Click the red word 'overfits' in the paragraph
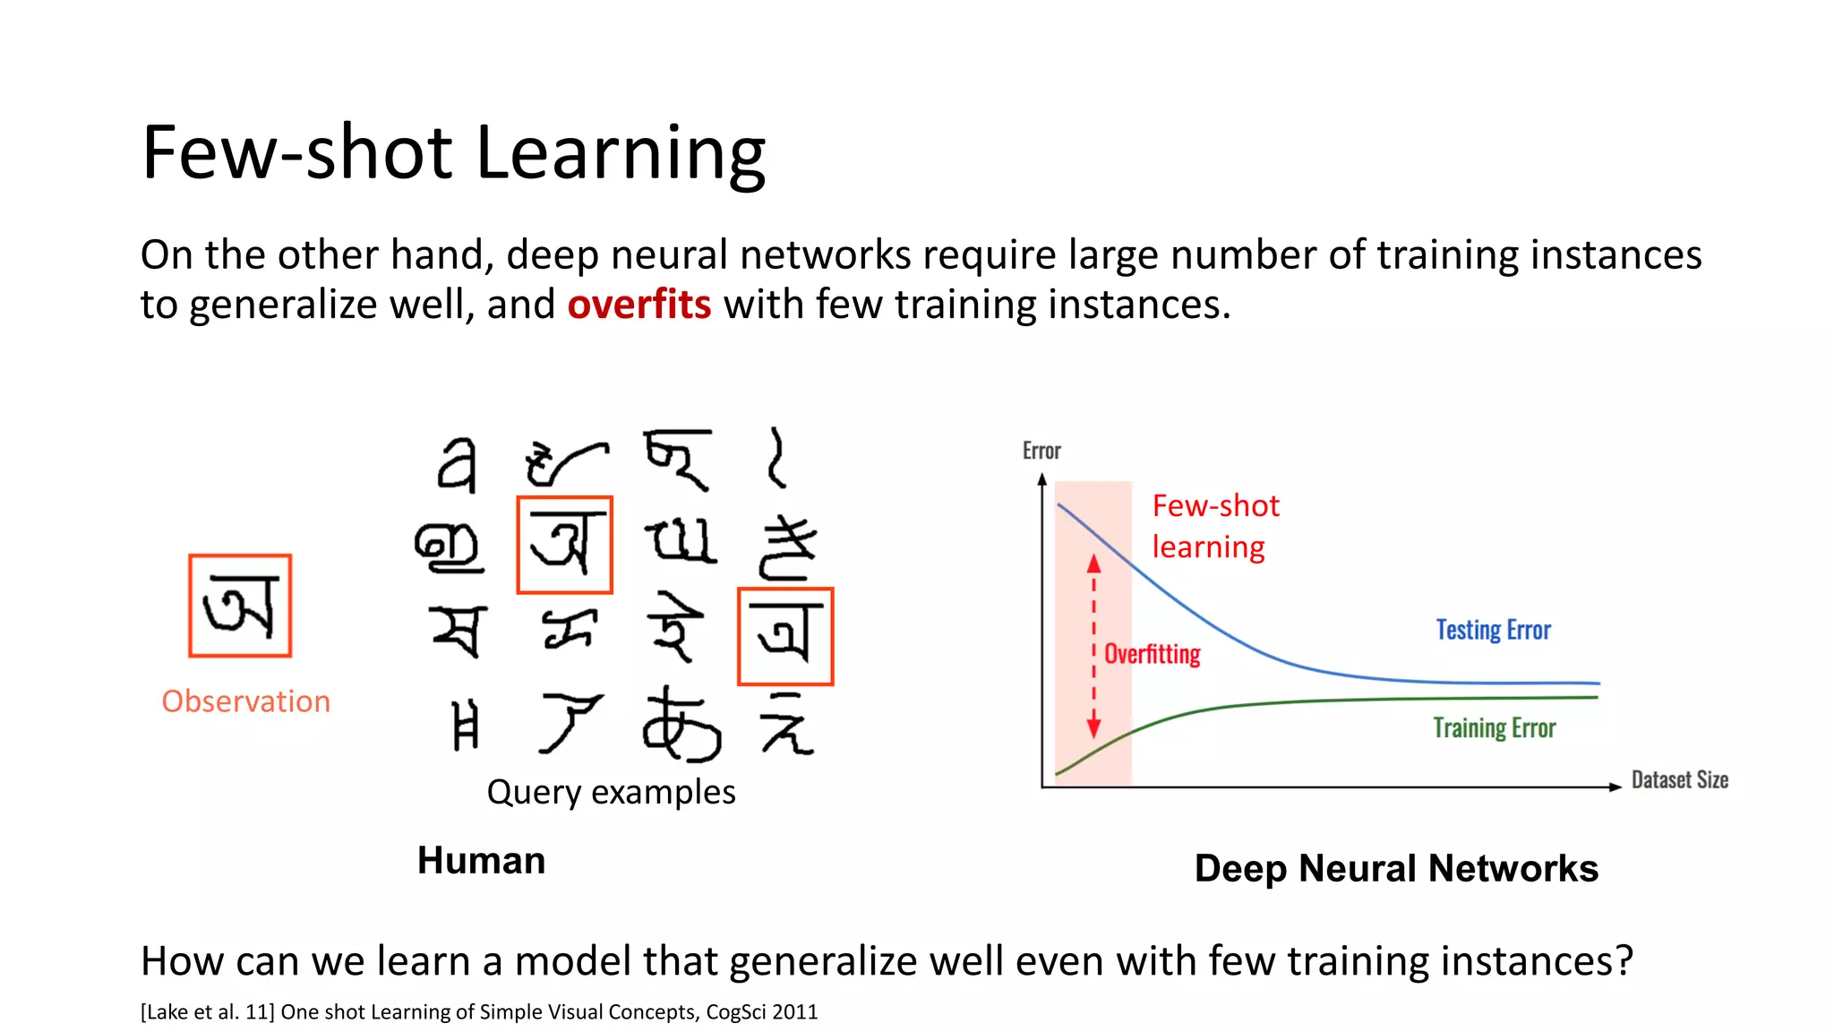(x=638, y=305)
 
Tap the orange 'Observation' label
(x=245, y=701)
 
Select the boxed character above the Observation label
(x=240, y=606)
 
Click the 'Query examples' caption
(x=611, y=792)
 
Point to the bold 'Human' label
(x=481, y=860)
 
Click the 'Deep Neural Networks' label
(x=1395, y=868)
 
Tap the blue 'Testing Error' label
(x=1493, y=630)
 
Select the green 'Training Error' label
(x=1494, y=727)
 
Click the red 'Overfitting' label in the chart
(x=1152, y=654)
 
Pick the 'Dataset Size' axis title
(x=1679, y=779)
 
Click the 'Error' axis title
(x=1041, y=451)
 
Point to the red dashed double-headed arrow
(x=1093, y=645)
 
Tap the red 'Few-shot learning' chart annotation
(x=1214, y=526)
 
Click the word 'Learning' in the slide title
(x=620, y=152)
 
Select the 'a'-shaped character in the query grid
(x=457, y=464)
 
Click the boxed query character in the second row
(x=564, y=545)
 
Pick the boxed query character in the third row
(x=785, y=636)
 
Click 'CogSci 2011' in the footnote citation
(x=761, y=1011)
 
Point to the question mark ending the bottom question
(x=1624, y=960)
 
